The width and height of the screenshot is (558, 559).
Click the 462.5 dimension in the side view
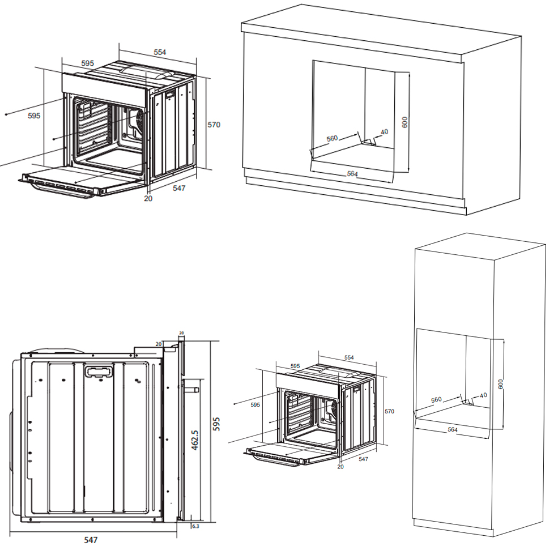pyautogui.click(x=195, y=439)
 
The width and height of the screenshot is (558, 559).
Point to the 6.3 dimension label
pyautogui.click(x=195, y=526)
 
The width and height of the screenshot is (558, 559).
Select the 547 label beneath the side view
pyautogui.click(x=91, y=540)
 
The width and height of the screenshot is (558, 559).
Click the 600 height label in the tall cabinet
pyautogui.click(x=500, y=383)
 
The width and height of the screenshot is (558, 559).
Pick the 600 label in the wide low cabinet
pyautogui.click(x=404, y=122)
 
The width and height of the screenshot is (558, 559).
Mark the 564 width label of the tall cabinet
pyautogui.click(x=452, y=430)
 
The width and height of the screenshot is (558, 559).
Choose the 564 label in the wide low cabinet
pyautogui.click(x=352, y=174)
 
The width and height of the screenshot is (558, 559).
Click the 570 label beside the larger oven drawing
pyautogui.click(x=214, y=125)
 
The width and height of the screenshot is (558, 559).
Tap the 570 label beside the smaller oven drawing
pyautogui.click(x=389, y=412)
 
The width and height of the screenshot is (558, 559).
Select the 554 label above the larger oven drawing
pyautogui.click(x=160, y=52)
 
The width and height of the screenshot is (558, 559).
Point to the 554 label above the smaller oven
pyautogui.click(x=349, y=358)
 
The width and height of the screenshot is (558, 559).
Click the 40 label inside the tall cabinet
pyautogui.click(x=483, y=395)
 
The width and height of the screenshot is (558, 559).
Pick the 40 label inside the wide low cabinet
pyautogui.click(x=385, y=132)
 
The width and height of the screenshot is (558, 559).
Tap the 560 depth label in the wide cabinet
pyautogui.click(x=332, y=138)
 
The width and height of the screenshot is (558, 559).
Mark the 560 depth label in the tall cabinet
pyautogui.click(x=436, y=400)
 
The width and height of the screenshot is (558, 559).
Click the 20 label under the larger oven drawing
pyautogui.click(x=148, y=199)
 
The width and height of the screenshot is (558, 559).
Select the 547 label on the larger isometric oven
pyautogui.click(x=179, y=188)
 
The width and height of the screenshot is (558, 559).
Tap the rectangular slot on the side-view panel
pyautogui.click(x=99, y=372)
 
